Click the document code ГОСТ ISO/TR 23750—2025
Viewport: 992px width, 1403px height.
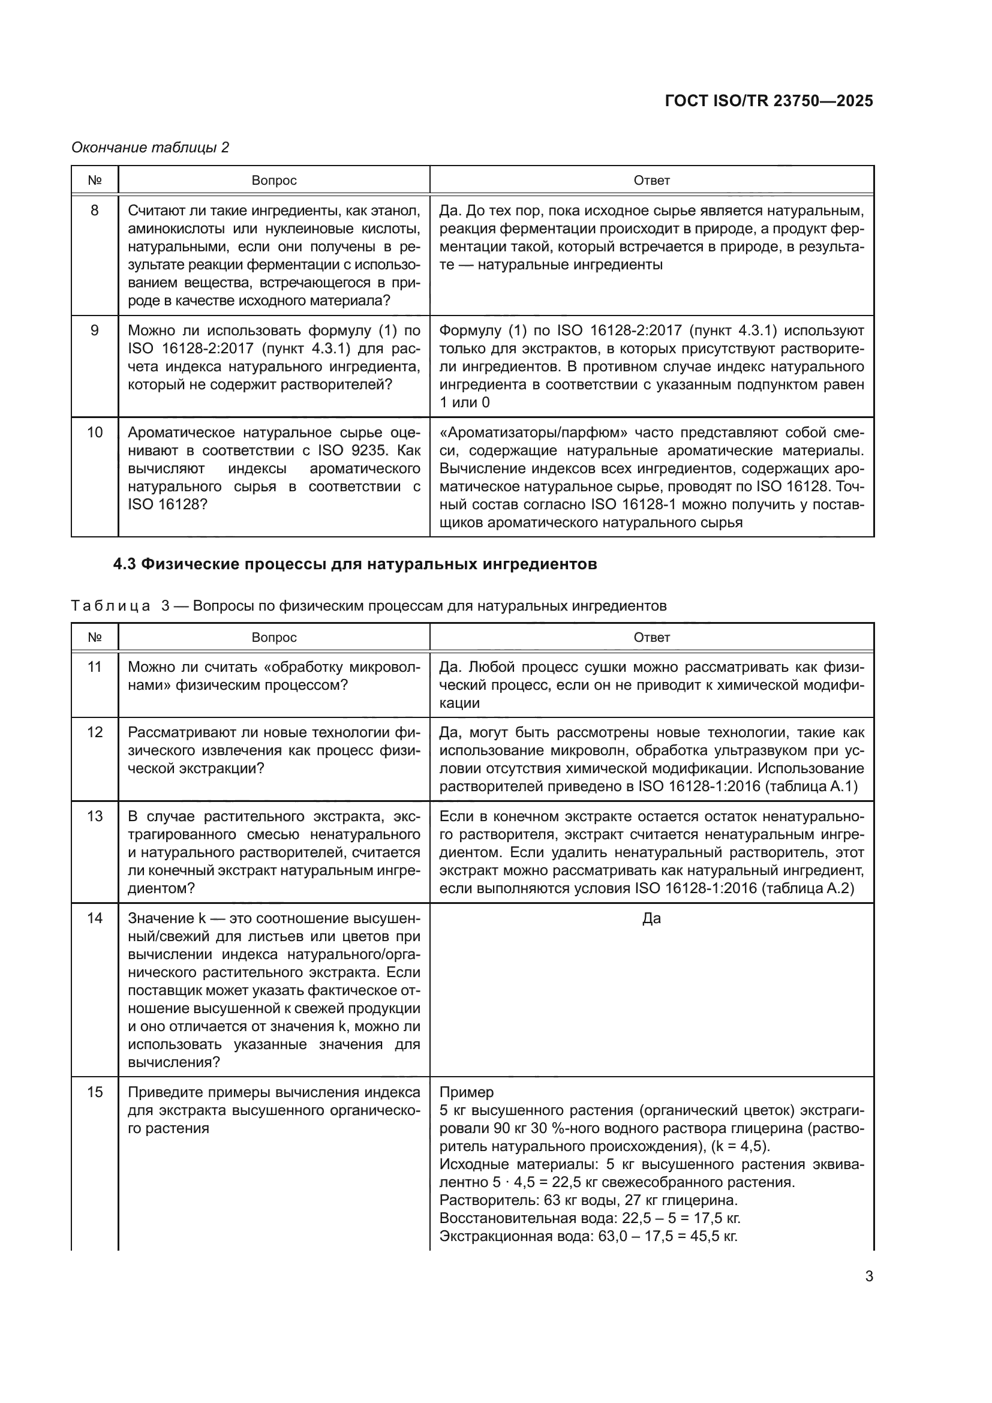coord(768,101)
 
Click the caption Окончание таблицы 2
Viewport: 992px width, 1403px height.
coord(151,148)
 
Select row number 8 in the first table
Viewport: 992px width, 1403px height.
coord(95,211)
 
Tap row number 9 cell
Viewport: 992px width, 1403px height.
coord(95,331)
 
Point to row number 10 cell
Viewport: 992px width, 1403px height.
coord(95,432)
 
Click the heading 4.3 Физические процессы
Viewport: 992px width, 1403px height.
coord(354,564)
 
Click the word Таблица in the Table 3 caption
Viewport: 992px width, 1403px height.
coord(110,606)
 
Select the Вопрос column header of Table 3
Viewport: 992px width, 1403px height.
coord(273,638)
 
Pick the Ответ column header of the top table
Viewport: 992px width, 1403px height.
coord(651,181)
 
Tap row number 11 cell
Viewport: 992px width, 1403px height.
coord(95,666)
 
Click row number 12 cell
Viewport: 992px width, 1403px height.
coord(95,732)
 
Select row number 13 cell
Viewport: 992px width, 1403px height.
coord(95,816)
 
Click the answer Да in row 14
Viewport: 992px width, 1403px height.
coord(651,918)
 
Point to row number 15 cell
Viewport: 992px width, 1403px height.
coord(95,1092)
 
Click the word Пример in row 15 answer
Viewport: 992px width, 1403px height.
coord(467,1092)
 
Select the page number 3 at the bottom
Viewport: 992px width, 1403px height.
coord(868,1276)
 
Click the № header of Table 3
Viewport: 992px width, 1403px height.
coord(95,638)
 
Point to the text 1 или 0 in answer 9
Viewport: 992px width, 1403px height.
coord(464,402)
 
